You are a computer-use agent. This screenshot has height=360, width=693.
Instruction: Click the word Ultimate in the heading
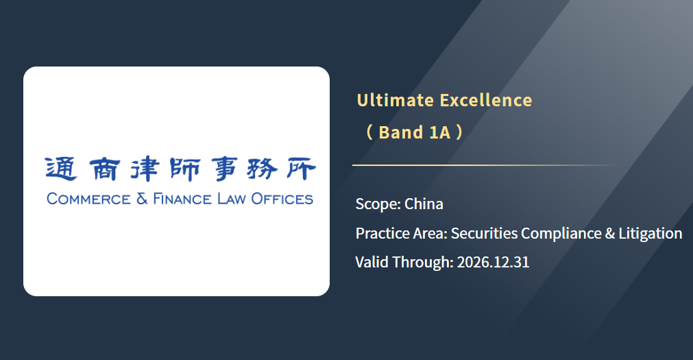pyautogui.click(x=395, y=100)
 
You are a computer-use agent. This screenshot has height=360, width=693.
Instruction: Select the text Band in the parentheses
pyautogui.click(x=400, y=132)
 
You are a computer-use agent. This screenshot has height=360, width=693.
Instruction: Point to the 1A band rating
pyautogui.click(x=440, y=132)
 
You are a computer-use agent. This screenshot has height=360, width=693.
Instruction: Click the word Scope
pyautogui.click(x=378, y=204)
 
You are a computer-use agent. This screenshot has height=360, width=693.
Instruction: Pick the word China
pyautogui.click(x=424, y=204)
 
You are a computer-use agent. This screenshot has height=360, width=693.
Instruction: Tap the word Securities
pyautogui.click(x=484, y=233)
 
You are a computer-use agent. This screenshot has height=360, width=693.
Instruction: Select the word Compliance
pyautogui.click(x=561, y=234)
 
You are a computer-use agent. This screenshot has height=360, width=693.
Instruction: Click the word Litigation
pyautogui.click(x=650, y=234)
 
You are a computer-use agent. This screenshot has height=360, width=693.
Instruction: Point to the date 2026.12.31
pyautogui.click(x=493, y=262)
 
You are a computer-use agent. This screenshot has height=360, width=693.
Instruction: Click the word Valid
pyautogui.click(x=372, y=262)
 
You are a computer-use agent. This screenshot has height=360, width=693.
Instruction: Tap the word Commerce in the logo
pyautogui.click(x=89, y=199)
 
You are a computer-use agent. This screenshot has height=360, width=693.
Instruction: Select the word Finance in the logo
pyautogui.click(x=182, y=199)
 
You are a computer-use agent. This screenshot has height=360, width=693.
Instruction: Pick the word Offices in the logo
pyautogui.click(x=282, y=199)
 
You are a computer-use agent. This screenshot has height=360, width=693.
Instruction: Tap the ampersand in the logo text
pyautogui.click(x=142, y=199)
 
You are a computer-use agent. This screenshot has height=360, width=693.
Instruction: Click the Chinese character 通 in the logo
pyautogui.click(x=62, y=169)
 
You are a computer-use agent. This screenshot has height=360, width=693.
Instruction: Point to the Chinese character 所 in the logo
pyautogui.click(x=300, y=169)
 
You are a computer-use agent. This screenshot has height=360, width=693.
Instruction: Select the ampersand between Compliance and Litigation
pyautogui.click(x=610, y=234)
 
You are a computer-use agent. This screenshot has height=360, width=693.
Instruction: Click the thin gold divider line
pyautogui.click(x=486, y=165)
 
